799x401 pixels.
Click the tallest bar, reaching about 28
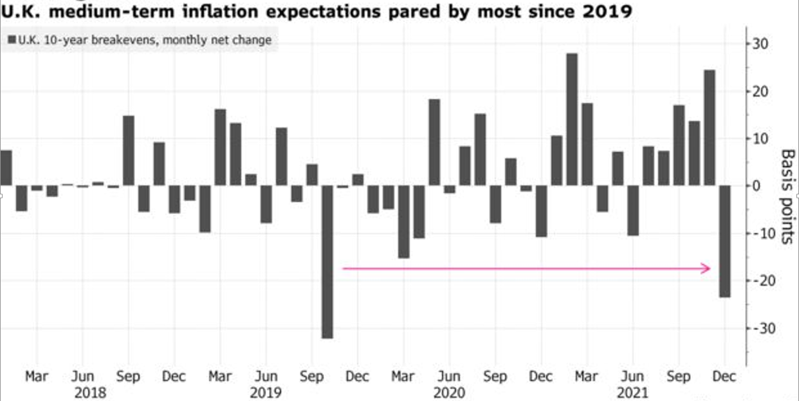[572, 119]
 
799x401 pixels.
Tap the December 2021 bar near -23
[725, 241]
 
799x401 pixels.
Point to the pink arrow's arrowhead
[707, 268]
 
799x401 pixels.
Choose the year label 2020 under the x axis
[449, 392]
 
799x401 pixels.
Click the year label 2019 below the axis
[266, 392]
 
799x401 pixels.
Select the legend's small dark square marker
[12, 41]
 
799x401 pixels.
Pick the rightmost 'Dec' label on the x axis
[725, 377]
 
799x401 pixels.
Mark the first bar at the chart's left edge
[6, 168]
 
